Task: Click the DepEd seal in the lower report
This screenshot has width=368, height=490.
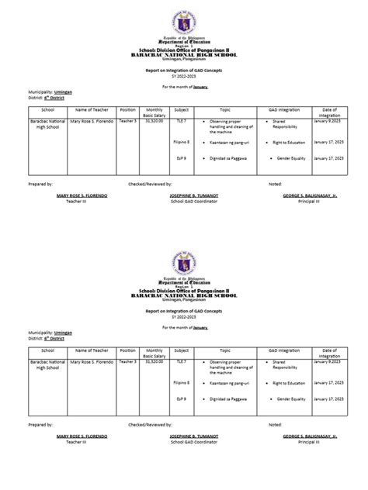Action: tap(184, 267)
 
